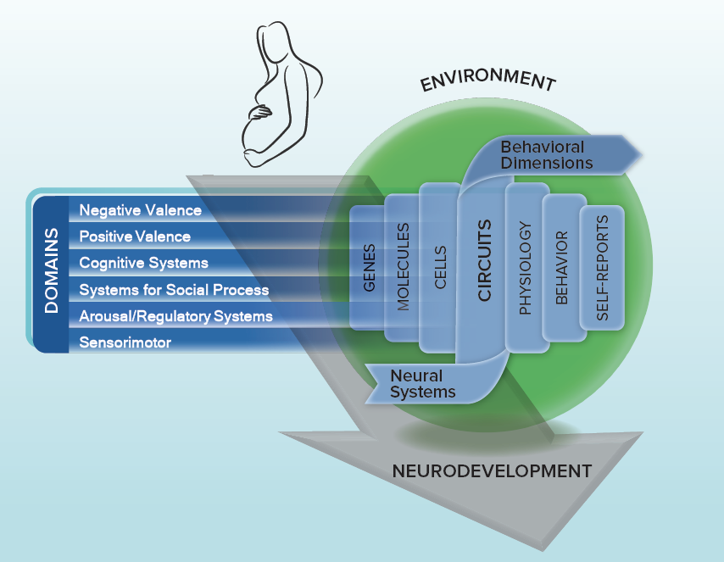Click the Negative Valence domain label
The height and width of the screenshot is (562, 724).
pyautogui.click(x=141, y=210)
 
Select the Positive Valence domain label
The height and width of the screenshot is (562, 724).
pyautogui.click(x=135, y=236)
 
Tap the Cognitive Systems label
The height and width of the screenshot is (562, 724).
pyautogui.click(x=143, y=263)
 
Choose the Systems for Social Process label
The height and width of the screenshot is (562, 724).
pyautogui.click(x=174, y=290)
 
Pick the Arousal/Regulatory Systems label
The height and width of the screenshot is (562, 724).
pyautogui.click(x=175, y=316)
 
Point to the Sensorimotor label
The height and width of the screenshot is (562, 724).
pyautogui.click(x=125, y=342)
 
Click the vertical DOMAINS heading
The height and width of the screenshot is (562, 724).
pyautogui.click(x=52, y=270)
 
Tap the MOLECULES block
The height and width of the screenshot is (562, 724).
pyautogui.click(x=404, y=266)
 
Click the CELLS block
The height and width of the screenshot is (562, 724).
pyautogui.click(x=440, y=268)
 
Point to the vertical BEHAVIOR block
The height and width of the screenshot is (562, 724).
pyautogui.click(x=561, y=268)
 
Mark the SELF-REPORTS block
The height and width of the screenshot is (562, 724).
pyautogui.click(x=602, y=268)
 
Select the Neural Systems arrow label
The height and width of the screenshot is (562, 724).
pyautogui.click(x=422, y=383)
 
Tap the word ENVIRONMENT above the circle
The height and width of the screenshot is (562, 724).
pyautogui.click(x=487, y=81)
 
